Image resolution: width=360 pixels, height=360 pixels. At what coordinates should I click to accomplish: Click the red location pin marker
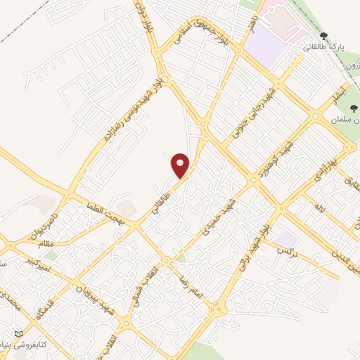click(181, 165)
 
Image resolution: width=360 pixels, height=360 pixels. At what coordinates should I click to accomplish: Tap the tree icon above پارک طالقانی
click(323, 36)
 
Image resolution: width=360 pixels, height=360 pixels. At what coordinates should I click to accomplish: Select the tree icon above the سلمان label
click(354, 110)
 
